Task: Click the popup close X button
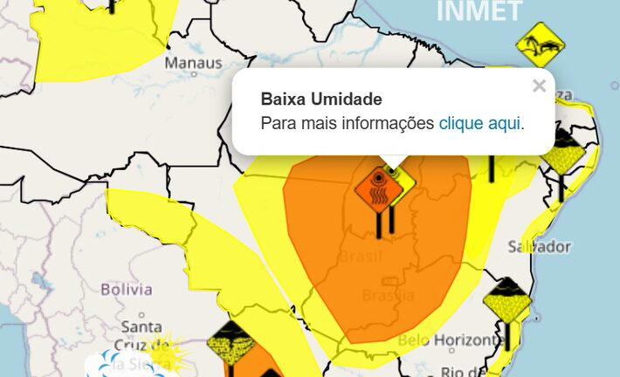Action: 539,86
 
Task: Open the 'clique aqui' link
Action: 479,123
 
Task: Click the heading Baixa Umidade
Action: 321,99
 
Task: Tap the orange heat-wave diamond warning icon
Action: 378,188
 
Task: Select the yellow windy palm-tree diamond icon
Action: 540,45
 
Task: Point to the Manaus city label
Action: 193,64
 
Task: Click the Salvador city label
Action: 540,247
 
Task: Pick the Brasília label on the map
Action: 388,295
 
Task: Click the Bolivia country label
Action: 127,289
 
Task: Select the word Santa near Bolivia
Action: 141,327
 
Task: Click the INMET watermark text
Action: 479,11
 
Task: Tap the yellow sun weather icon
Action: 164,350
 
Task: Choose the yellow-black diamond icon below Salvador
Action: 507,301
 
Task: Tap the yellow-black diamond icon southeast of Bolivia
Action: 231,344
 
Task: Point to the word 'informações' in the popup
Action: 384,123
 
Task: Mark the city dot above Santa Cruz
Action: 141,314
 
